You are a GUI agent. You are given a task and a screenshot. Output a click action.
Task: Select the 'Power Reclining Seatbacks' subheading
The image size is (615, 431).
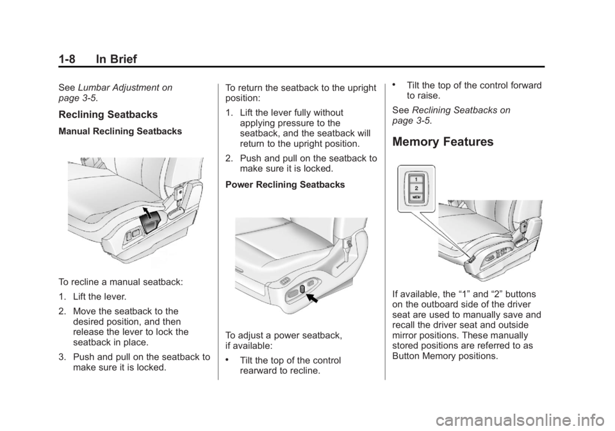pyautogui.click(x=277, y=185)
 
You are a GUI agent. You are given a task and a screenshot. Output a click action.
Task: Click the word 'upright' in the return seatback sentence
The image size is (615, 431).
pyautogui.click(x=357, y=88)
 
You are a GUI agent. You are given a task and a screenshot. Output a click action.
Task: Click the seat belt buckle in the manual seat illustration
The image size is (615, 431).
pyautogui.click(x=183, y=190)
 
